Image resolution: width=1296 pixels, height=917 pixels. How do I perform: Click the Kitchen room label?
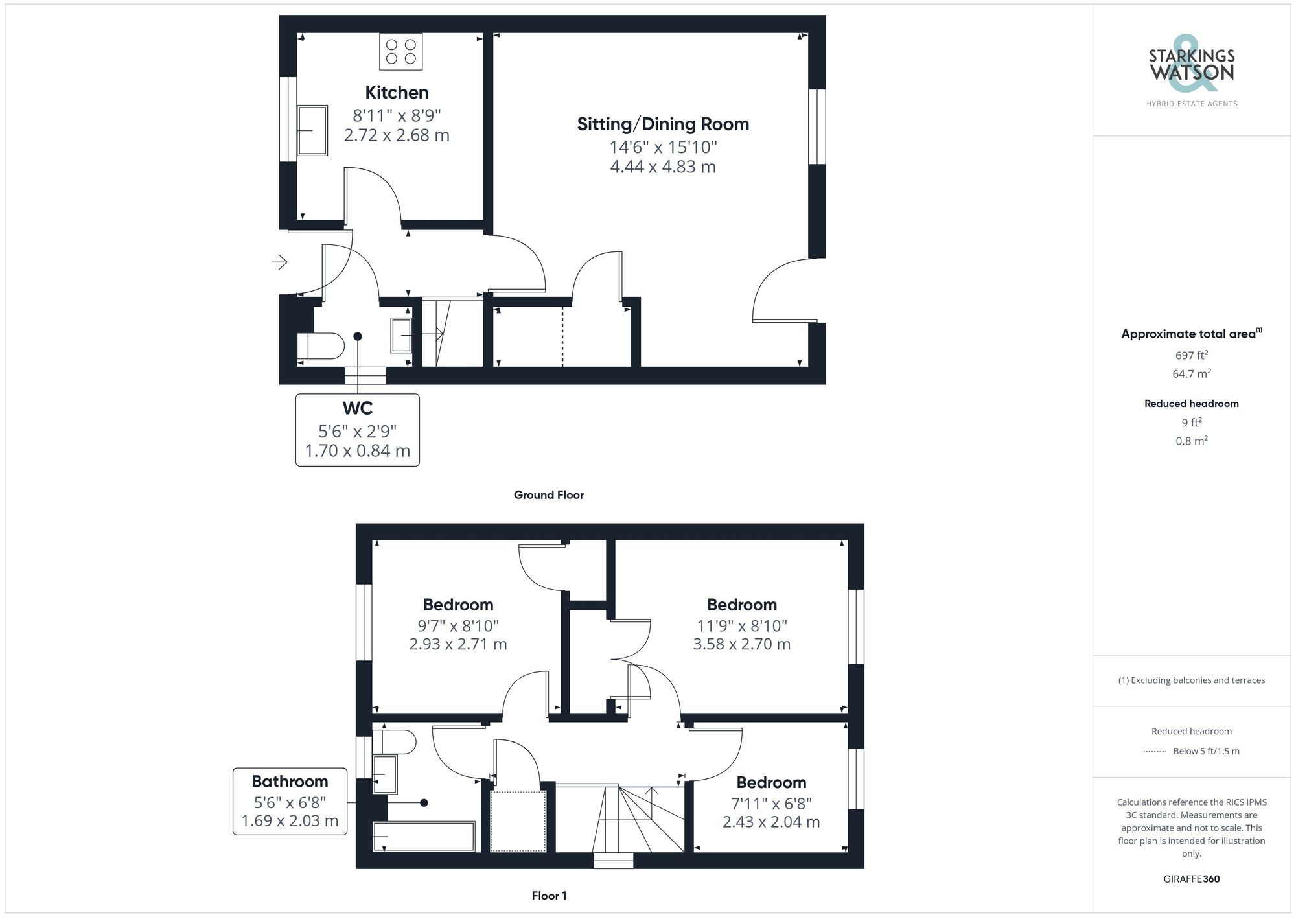pyautogui.click(x=397, y=93)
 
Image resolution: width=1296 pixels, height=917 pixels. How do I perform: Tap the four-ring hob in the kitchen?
pyautogui.click(x=401, y=52)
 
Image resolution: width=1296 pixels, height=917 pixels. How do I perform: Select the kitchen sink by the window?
pyautogui.click(x=312, y=130)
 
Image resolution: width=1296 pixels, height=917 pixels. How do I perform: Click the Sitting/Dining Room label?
pyautogui.click(x=663, y=124)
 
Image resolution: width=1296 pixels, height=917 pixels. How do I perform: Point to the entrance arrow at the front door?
pyautogui.click(x=280, y=262)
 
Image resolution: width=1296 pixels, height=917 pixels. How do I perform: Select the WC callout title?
pyautogui.click(x=358, y=408)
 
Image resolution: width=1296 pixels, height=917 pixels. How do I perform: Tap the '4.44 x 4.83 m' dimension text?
pyautogui.click(x=663, y=167)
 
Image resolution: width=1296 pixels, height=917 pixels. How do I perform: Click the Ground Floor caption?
pyautogui.click(x=549, y=495)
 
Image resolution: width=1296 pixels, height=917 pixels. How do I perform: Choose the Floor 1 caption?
pyautogui.click(x=549, y=896)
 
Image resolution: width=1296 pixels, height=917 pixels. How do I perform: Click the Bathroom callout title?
pyautogui.click(x=290, y=782)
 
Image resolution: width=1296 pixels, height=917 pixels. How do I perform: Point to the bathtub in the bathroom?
pyautogui.click(x=424, y=836)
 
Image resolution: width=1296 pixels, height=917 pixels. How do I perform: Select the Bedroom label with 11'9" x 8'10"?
pyautogui.click(x=742, y=605)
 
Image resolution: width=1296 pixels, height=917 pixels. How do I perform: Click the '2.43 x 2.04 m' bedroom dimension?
pyautogui.click(x=771, y=822)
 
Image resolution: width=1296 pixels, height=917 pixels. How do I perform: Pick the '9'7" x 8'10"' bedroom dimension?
pyautogui.click(x=458, y=626)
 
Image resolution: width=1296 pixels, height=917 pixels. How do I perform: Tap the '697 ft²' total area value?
pyautogui.click(x=1191, y=355)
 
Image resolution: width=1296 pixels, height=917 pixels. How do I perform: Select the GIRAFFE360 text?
pyautogui.click(x=1191, y=879)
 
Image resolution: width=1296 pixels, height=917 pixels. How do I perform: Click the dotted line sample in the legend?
pyautogui.click(x=1155, y=752)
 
